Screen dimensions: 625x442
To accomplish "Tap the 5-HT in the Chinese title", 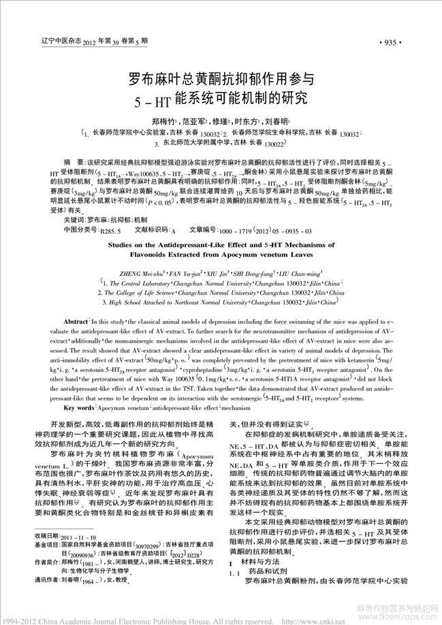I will (x=151, y=105).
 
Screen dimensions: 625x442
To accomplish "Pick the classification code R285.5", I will (x=111, y=231).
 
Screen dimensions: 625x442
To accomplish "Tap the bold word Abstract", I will (x=76, y=320).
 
